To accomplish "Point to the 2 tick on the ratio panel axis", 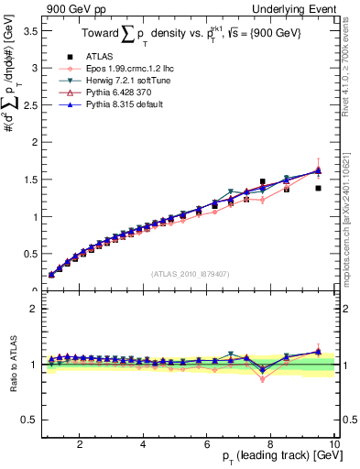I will click(x=33, y=309).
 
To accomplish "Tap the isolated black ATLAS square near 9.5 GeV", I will click(x=318, y=188).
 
